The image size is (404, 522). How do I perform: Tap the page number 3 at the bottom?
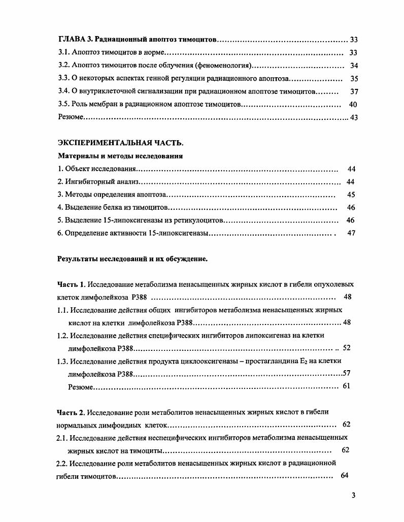tap(353, 496)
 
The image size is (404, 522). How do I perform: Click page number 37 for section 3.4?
tap(354, 92)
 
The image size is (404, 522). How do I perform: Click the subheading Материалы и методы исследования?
tap(120, 156)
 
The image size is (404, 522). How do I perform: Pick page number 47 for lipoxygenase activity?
tap(351, 233)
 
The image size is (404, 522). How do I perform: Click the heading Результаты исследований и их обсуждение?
tap(132, 259)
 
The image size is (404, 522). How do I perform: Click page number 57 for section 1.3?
tap(346, 373)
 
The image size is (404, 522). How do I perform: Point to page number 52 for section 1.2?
tap(347, 348)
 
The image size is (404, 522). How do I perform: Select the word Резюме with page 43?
tap(71, 118)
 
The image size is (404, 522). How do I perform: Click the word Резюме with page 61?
tap(81, 386)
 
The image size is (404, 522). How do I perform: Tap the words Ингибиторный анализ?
tap(102, 182)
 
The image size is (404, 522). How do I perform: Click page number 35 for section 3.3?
tap(354, 79)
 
